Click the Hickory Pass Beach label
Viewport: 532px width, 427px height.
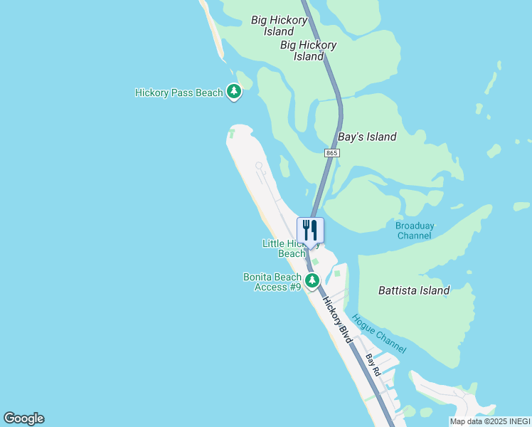(x=179, y=93)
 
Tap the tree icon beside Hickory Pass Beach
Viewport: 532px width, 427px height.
(x=233, y=91)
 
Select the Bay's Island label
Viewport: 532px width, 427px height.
(x=367, y=137)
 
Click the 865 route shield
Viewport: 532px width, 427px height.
(x=331, y=153)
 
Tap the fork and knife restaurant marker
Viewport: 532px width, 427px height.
(x=310, y=231)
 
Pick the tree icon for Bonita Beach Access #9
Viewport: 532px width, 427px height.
(x=312, y=280)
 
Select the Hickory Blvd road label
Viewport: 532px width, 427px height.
(x=338, y=320)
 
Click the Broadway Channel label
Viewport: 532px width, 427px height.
(x=415, y=231)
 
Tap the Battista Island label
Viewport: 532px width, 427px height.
(x=414, y=290)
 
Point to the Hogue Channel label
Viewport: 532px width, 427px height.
(x=379, y=334)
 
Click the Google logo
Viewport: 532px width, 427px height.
(x=23, y=418)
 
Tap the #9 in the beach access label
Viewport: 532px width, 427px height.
(x=294, y=287)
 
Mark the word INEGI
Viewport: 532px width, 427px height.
(x=519, y=421)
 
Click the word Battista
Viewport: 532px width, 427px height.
(x=398, y=290)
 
